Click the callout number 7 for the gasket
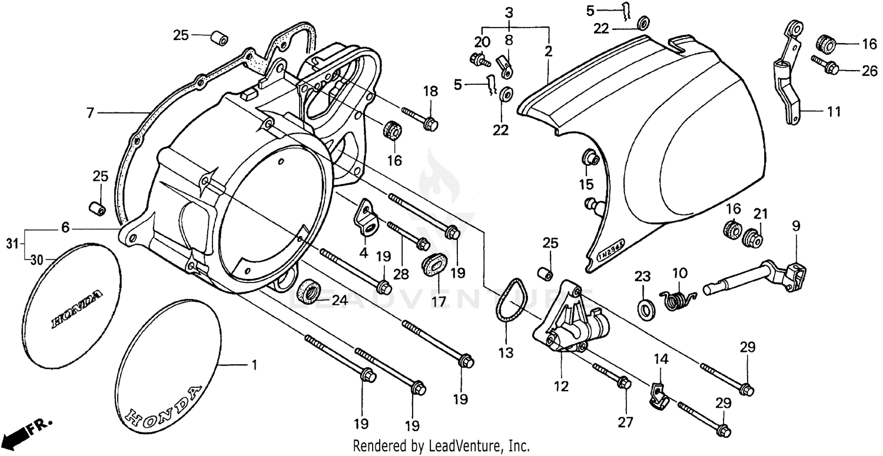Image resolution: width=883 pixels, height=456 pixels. pyautogui.click(x=90, y=112)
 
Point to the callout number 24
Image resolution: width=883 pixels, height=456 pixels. pyautogui.click(x=340, y=301)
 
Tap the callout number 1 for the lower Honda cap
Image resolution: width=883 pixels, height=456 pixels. pyautogui.click(x=254, y=366)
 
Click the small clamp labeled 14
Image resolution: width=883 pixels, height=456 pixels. pyautogui.click(x=659, y=394)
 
